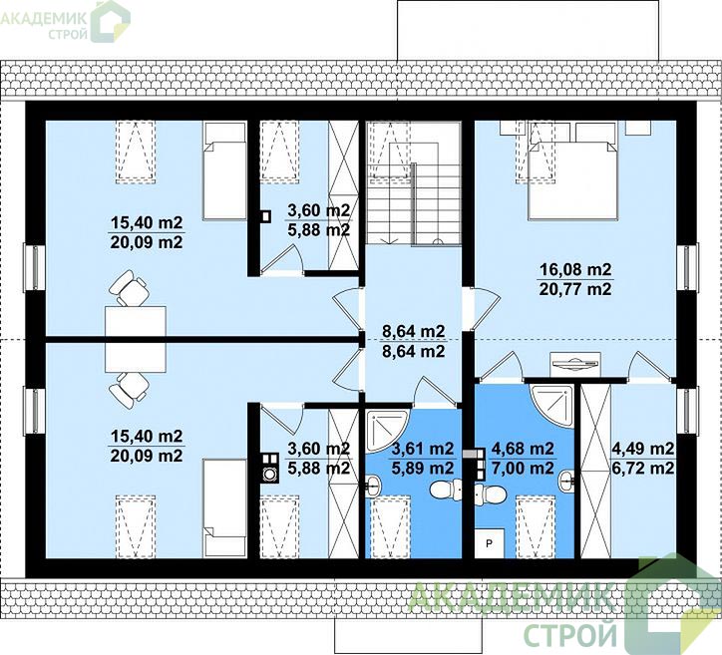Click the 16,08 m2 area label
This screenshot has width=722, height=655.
pos(574,269)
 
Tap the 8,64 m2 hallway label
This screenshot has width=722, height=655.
pos(414,331)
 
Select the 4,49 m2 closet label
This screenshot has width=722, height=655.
pos(643,448)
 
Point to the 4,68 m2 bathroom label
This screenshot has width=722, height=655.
pos(523,448)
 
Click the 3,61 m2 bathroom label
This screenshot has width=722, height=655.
pos(422,448)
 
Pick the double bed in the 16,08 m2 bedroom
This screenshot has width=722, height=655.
pos(571,179)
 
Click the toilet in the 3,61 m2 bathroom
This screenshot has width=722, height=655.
pos(446,490)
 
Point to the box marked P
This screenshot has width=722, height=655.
pos(489,543)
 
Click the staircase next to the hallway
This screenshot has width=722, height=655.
pos(414,183)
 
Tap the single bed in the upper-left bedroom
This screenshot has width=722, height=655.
pos(224,170)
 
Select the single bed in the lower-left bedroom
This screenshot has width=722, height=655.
pos(224,507)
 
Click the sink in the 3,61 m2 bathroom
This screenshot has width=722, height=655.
pos(373,485)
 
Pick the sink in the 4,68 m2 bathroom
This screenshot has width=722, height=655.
pos(566,481)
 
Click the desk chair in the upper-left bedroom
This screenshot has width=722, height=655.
pos(130,288)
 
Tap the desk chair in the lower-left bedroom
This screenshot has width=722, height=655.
pos(130,391)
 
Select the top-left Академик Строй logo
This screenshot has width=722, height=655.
pos(65,21)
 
